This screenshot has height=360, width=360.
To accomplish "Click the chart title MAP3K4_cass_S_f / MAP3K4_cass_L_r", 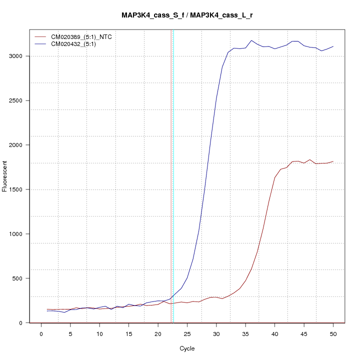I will (190, 15).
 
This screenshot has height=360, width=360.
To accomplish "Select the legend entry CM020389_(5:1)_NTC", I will (85, 37).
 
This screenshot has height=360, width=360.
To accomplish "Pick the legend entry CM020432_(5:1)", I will (77, 44).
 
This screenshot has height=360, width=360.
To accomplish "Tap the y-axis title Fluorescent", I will (5, 176).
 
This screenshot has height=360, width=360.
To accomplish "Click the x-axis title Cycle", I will (187, 348).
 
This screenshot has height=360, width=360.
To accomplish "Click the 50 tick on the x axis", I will (333, 334).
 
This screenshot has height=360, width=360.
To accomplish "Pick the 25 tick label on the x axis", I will (187, 334).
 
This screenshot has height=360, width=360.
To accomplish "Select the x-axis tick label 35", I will (245, 334).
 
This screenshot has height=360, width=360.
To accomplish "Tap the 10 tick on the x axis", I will (99, 334).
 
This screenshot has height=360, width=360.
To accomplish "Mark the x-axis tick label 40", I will (274, 334).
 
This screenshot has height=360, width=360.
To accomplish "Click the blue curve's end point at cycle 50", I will (333, 46).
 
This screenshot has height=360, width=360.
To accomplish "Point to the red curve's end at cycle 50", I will (333, 161).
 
